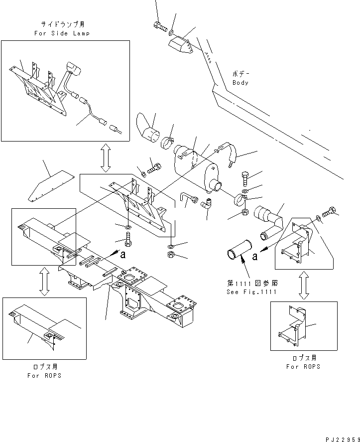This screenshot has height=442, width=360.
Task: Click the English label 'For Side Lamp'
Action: [62, 33]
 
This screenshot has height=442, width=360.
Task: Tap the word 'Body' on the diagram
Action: [240, 83]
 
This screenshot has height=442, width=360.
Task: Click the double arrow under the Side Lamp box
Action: [105, 158]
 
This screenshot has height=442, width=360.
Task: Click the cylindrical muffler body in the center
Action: [194, 164]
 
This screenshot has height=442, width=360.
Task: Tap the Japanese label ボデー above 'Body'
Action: [240, 73]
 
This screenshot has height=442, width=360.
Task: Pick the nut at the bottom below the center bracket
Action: [170, 255]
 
